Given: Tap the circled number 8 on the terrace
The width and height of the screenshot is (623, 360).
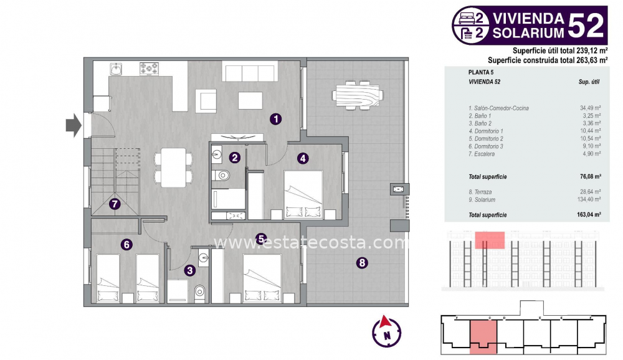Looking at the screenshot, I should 362,263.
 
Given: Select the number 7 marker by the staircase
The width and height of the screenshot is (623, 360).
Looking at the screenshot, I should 115,204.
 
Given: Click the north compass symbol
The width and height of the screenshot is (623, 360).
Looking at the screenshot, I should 386,330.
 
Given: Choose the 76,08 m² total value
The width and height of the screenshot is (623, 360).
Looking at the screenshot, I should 589,177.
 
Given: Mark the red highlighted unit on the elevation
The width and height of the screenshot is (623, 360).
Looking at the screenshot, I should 490,239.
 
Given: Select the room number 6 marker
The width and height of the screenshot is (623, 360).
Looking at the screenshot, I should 127,245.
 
